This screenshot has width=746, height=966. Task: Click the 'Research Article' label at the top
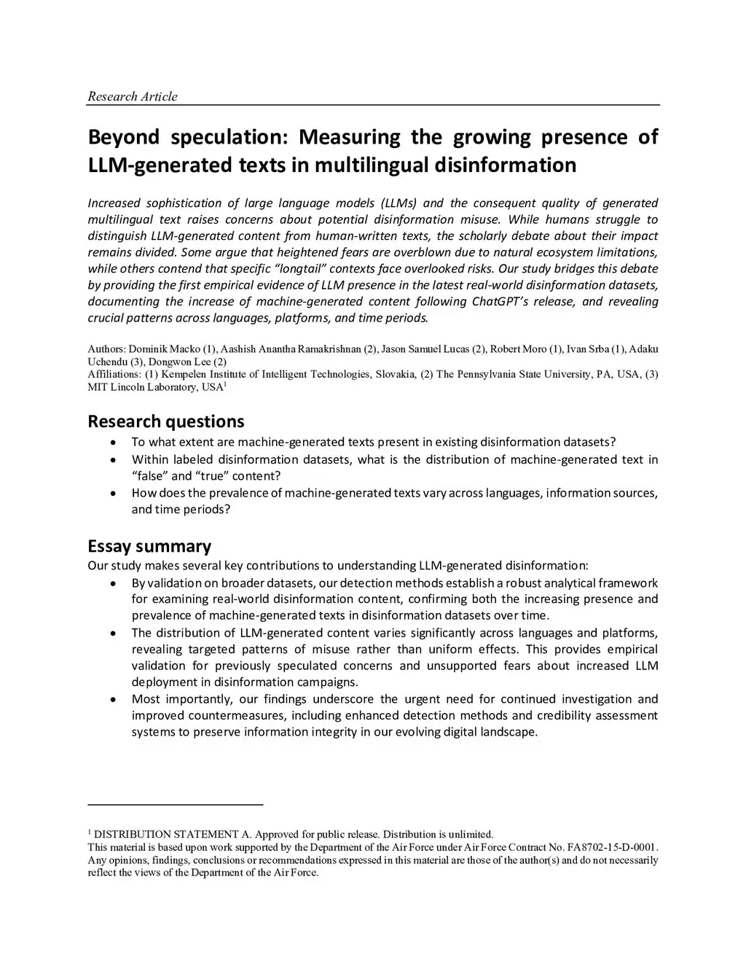coord(132,96)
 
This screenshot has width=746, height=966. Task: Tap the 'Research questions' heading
coord(166,421)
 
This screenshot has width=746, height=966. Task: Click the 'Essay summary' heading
coord(149,546)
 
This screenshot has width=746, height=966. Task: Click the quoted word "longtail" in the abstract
coord(313,268)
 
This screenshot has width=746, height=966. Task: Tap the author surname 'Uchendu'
coord(107,362)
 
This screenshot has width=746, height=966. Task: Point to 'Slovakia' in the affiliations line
coord(394,374)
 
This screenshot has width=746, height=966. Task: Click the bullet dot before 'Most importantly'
coord(112,699)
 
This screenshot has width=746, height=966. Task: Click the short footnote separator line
coord(175,804)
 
